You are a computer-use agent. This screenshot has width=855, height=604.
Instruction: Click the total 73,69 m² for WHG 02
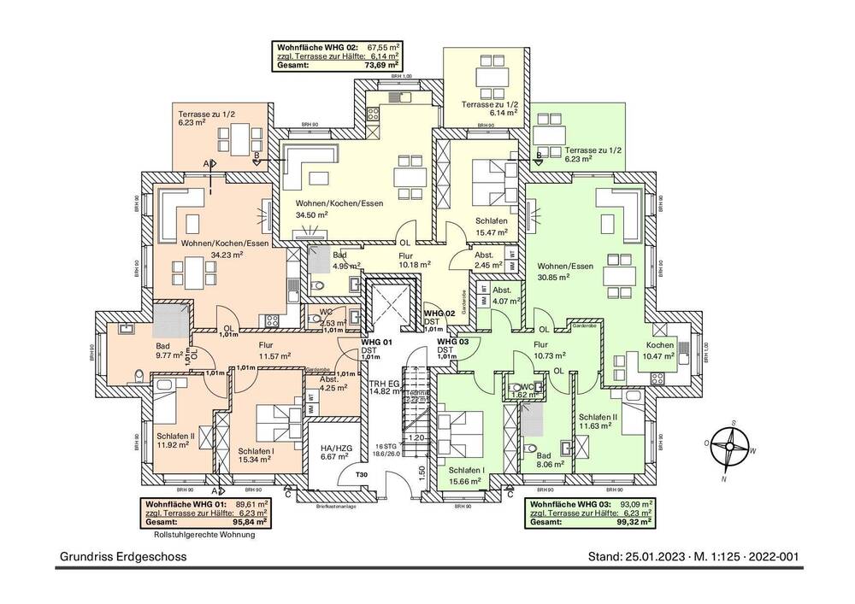coord(382,64)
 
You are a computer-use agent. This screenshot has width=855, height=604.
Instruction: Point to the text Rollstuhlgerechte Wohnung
coord(204,536)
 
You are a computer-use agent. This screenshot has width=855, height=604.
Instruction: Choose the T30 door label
coord(361,475)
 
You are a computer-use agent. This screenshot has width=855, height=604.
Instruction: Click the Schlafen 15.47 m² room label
coord(492,226)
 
